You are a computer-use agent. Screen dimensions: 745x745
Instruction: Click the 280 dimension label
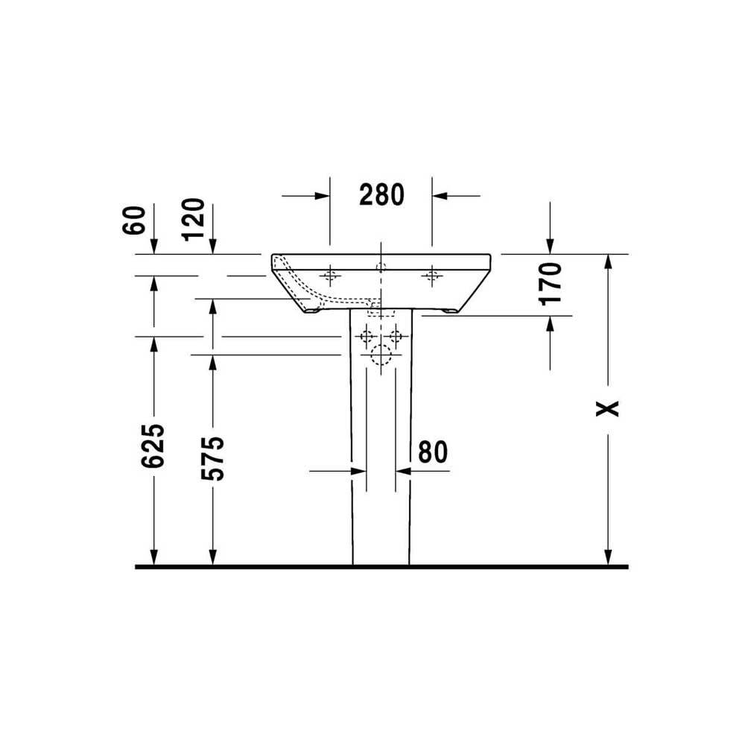381,194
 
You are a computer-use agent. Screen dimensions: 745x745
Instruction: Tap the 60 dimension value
134,221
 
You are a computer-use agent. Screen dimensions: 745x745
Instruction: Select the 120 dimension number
194,220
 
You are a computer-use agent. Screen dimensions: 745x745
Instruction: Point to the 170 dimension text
551,284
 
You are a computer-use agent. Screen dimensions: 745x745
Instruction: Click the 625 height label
153,446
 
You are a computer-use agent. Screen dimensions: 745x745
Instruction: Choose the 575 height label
212,458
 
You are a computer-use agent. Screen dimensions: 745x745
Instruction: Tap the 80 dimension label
433,452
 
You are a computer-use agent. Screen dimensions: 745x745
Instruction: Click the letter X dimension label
608,408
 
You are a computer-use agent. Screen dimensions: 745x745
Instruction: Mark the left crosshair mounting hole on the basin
330,275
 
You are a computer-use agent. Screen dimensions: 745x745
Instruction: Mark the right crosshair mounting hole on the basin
432,275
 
